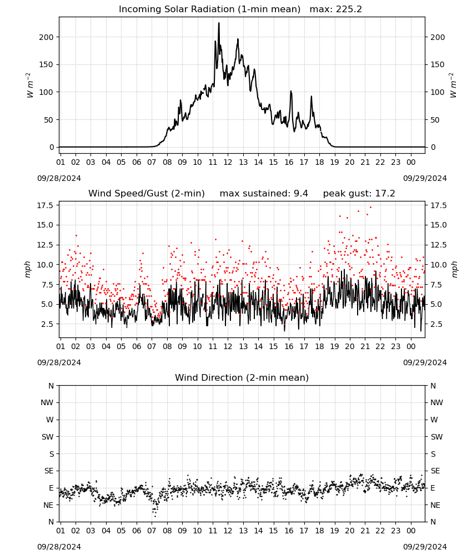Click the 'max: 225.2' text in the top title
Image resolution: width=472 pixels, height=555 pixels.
336,9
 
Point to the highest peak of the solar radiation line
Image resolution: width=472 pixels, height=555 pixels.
218,23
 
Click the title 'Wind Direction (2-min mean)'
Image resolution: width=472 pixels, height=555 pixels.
242,377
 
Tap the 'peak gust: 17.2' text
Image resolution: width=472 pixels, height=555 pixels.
359,193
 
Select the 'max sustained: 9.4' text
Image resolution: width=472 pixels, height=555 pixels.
264,193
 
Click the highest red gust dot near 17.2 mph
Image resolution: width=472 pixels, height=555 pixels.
370,207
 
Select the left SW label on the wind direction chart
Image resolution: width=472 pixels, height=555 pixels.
47,437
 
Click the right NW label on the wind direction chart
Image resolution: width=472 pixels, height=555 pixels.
436,402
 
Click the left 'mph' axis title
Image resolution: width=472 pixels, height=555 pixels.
28,269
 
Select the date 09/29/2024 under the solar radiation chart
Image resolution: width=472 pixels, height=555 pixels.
425,178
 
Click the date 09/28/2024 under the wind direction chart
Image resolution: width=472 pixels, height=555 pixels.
59,547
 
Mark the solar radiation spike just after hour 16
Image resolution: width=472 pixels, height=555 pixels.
291,92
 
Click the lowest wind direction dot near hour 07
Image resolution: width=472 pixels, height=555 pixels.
155,516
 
